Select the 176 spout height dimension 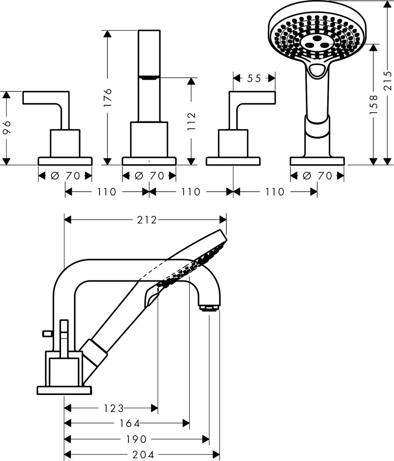point(108,97)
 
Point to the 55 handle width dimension point(254,78)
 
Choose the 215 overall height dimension point(388,81)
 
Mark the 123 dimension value point(114,408)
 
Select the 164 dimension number point(129,423)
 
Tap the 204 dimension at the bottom point(143,455)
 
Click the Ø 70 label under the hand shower point(317,176)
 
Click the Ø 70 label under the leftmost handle point(65,176)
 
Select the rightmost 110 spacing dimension point(275,191)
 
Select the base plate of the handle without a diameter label point(233,161)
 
